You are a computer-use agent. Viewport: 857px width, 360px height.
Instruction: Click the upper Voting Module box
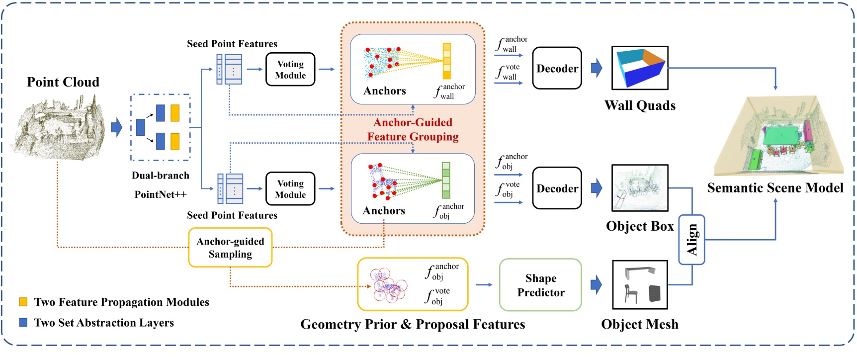[290, 70]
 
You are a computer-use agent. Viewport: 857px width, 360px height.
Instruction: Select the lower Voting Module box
[290, 189]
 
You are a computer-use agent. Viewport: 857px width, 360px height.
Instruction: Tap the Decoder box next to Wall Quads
[557, 69]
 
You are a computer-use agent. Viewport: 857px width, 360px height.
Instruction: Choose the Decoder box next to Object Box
[557, 188]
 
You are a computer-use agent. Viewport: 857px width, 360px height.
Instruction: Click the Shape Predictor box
[540, 285]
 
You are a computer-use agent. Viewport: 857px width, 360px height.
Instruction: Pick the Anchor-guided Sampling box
[230, 248]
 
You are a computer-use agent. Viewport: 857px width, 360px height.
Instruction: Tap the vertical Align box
[691, 240]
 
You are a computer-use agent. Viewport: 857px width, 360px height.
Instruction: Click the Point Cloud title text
[63, 82]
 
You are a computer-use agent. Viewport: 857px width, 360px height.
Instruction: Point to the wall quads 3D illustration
[640, 68]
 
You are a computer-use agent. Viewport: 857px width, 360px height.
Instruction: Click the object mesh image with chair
[639, 285]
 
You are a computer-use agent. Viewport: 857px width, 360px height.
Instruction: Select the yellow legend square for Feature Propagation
[23, 302]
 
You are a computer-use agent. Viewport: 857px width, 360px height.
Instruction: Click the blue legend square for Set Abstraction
[23, 322]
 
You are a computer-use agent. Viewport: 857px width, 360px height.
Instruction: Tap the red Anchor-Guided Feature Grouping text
[413, 129]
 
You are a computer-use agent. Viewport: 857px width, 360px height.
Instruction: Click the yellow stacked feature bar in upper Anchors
[446, 61]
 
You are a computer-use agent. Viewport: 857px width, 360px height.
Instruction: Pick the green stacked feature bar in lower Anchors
[446, 180]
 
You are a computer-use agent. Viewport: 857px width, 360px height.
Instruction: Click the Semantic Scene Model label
[775, 188]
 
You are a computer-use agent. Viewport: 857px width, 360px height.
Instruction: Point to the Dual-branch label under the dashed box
[160, 176]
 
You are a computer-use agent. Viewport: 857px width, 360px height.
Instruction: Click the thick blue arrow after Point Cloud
[116, 127]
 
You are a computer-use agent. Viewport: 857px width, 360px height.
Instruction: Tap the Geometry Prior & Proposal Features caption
[413, 324]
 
